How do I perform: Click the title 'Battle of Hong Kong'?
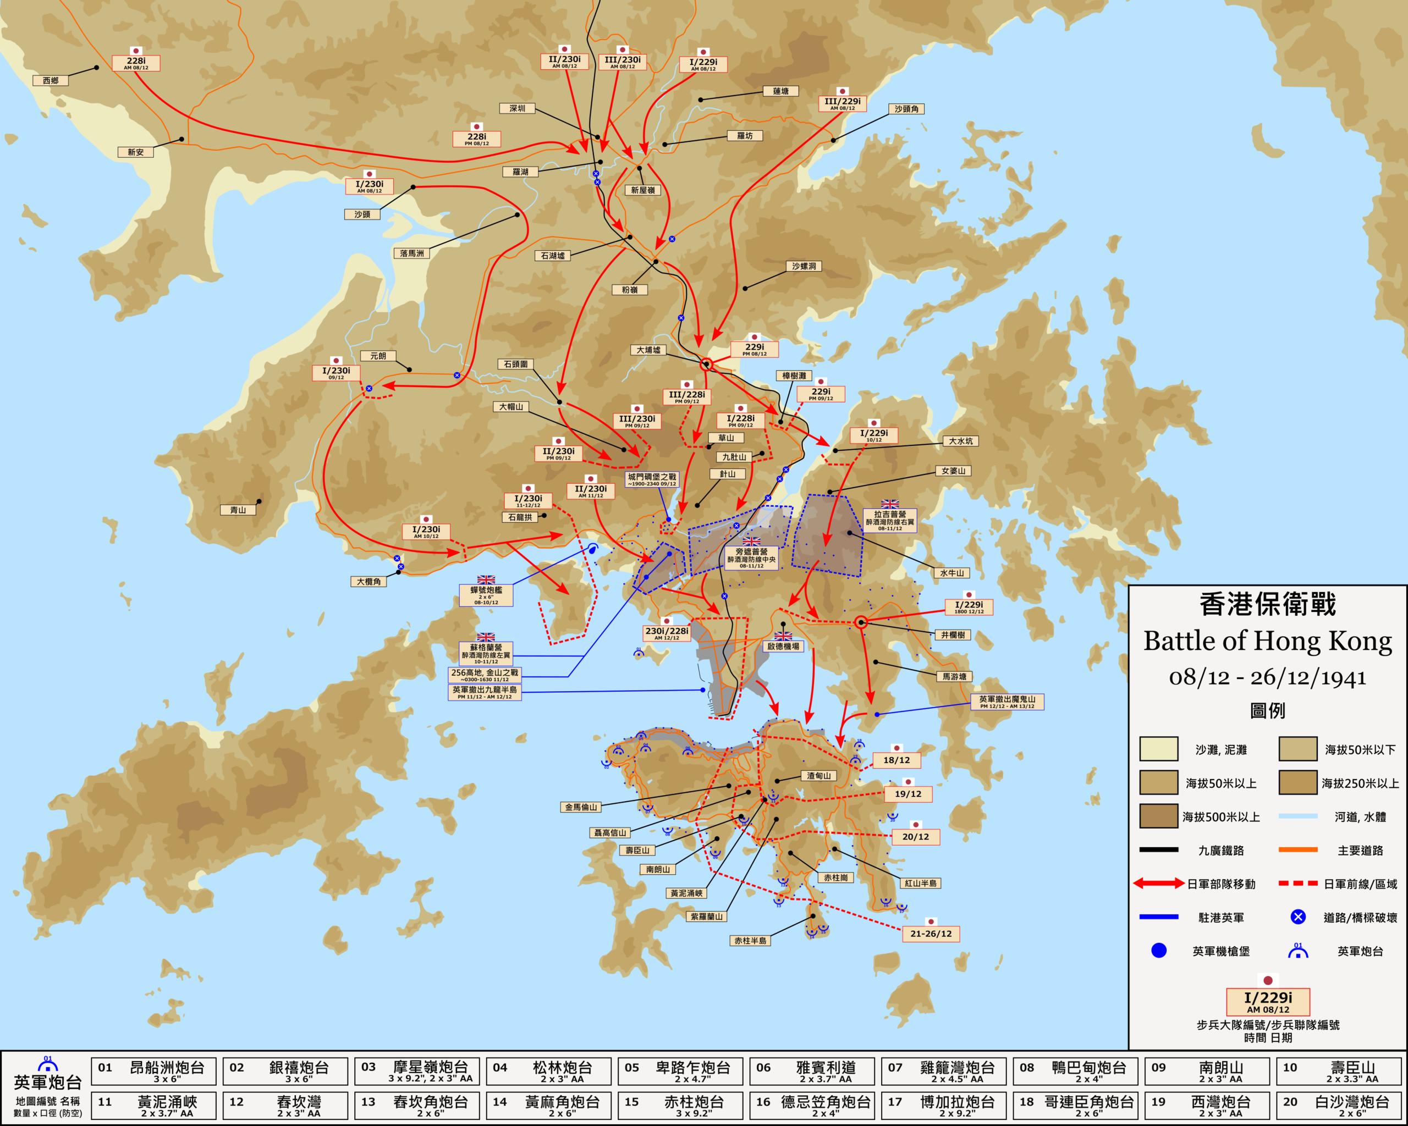(1268, 641)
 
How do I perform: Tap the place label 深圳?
(517, 108)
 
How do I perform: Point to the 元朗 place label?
(378, 356)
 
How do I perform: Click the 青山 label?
(238, 510)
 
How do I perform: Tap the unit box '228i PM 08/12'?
(477, 139)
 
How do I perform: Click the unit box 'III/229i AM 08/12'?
(843, 103)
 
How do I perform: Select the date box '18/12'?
(897, 760)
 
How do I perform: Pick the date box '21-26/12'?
(931, 934)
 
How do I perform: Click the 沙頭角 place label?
(906, 109)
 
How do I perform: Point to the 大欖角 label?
(369, 582)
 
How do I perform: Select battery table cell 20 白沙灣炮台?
(1339, 1105)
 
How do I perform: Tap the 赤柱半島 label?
(750, 941)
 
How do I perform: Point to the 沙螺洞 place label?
(803, 266)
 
